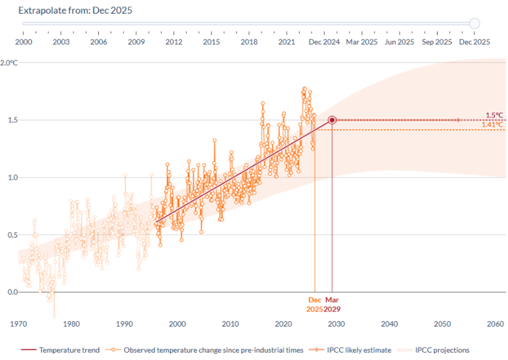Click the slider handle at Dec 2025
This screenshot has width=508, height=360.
coord(474,24)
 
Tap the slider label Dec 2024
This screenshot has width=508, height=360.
coord(324,42)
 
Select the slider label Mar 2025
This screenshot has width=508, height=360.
coord(362,42)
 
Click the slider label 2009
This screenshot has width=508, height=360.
coord(136,42)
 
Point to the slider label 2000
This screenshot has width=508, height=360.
coord(23,42)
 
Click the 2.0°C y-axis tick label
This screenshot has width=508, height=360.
coord(9,63)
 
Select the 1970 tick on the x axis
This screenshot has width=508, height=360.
coord(18,324)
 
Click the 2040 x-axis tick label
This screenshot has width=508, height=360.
coord(389,324)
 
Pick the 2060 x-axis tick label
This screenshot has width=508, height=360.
coord(495,324)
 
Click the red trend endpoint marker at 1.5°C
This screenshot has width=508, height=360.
coord(332,120)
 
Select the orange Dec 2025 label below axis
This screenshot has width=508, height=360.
coord(315,304)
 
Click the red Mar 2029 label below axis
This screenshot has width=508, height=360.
coord(332,304)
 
